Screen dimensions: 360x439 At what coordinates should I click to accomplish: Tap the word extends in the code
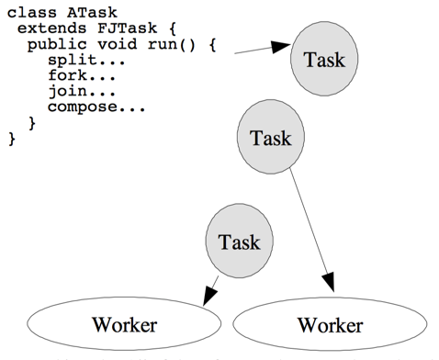[x=46, y=29]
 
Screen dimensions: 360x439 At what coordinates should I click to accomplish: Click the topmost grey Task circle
[x=317, y=61]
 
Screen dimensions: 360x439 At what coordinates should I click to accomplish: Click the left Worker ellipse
[x=124, y=324]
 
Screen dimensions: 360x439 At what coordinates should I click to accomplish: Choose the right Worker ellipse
[x=329, y=324]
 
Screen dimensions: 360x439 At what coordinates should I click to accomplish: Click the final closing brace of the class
[x=12, y=138]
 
